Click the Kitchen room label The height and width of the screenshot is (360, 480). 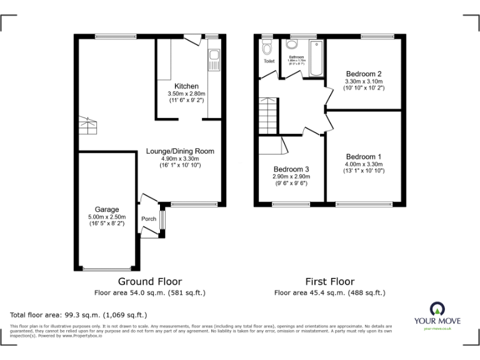pyautogui.click(x=186, y=86)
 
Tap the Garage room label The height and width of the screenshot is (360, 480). pyautogui.click(x=107, y=209)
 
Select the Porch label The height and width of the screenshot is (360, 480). pyautogui.click(x=149, y=219)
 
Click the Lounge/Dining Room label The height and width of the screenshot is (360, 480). pyautogui.click(x=180, y=151)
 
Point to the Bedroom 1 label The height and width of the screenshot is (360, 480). pyautogui.click(x=363, y=156)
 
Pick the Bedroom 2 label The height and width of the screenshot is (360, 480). pyautogui.click(x=363, y=74)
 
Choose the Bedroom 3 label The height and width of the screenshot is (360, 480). pyautogui.click(x=291, y=169)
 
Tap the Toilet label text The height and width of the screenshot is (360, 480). pyautogui.click(x=269, y=61)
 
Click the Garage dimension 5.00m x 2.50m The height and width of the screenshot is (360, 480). pyautogui.click(x=107, y=217)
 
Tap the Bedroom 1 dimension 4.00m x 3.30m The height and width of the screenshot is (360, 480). pyautogui.click(x=363, y=164)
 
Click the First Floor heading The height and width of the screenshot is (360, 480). pyautogui.click(x=329, y=282)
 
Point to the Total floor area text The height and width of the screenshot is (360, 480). pyautogui.click(x=78, y=315)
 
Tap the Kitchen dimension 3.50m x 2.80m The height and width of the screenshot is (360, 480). pyautogui.click(x=186, y=94)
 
